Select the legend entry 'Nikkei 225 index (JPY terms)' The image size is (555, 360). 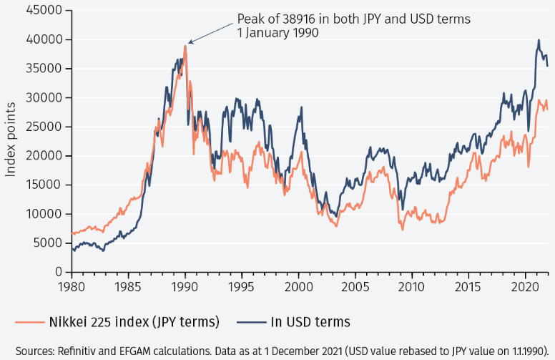click(132, 321)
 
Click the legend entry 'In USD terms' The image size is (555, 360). click(309, 321)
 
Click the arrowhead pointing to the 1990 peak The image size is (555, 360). click(189, 44)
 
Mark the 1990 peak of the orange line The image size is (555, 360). click(185, 47)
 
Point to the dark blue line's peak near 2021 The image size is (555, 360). click(539, 40)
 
